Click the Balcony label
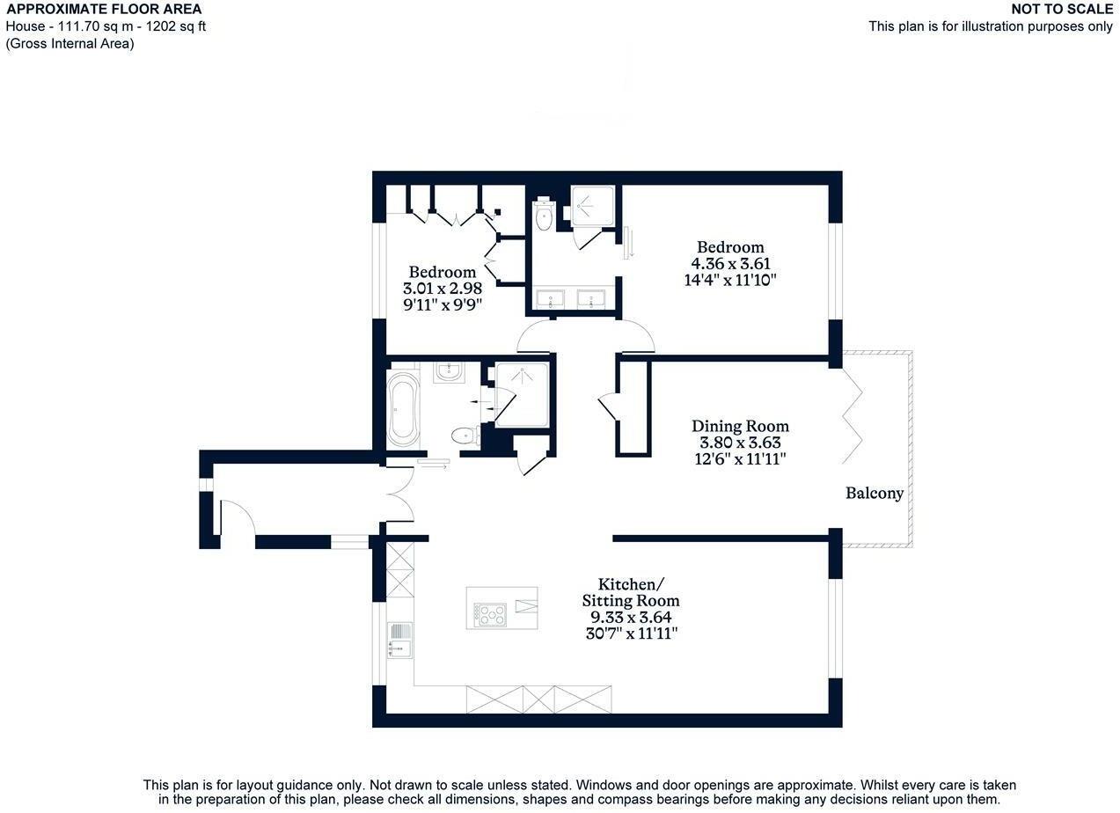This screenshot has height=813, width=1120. pos(875,494)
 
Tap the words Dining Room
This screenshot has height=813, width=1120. pos(740,427)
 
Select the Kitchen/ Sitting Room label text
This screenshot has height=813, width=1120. pos(631,593)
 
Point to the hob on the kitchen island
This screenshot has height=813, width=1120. pos(489,613)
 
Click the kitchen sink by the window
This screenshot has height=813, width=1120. pos(399,641)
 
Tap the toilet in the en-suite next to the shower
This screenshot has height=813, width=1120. pos(544,215)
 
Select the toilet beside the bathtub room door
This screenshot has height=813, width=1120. pos(463,436)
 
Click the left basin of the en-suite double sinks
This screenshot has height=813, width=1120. pos(553,299)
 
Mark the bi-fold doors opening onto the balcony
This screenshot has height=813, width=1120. pos(851,414)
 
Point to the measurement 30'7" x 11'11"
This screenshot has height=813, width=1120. pos(631,634)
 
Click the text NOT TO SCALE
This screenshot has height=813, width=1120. pos(1062,10)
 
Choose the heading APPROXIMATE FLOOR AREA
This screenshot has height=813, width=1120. pos(104,10)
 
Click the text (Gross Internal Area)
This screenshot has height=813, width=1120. pos(70,43)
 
